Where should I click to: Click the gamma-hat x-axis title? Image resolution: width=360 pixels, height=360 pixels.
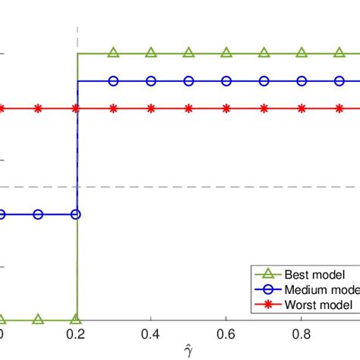point(189,351)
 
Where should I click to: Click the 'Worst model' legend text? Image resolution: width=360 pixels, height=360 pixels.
point(318,304)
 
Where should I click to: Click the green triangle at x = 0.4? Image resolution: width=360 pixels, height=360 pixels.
point(151,53)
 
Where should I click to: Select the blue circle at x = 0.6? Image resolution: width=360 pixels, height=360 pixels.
point(226,81)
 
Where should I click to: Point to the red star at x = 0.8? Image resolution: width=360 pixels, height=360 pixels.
point(302,109)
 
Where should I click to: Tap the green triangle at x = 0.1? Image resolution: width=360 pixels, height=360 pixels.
point(38,320)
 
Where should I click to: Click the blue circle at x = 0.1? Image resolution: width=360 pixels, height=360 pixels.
point(38,214)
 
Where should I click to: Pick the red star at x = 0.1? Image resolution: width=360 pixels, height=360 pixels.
point(38,109)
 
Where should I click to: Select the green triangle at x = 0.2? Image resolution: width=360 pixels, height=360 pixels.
point(76,320)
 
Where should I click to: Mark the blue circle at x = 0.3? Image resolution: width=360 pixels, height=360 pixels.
point(113,81)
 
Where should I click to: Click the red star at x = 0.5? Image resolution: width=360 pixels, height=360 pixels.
point(188,109)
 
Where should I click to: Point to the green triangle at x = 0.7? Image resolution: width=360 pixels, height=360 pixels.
point(264,53)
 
